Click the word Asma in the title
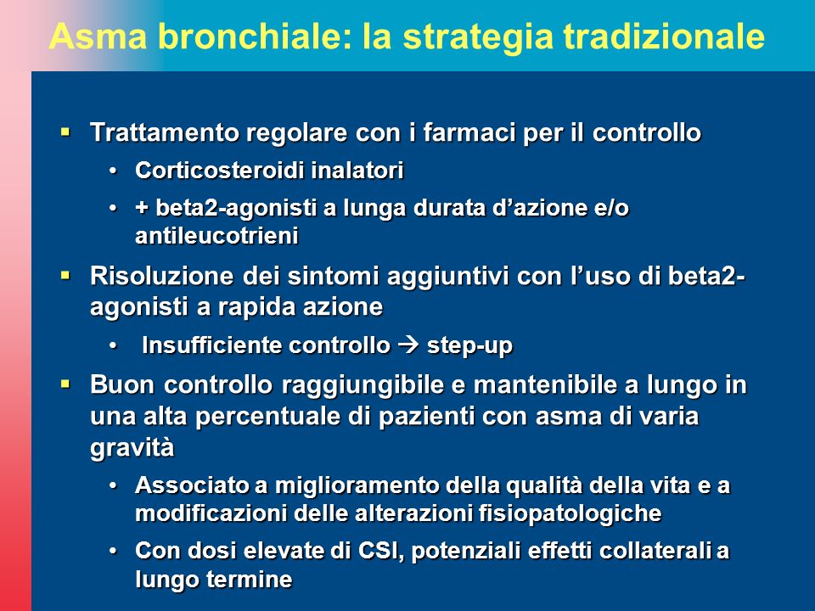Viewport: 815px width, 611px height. click(x=98, y=36)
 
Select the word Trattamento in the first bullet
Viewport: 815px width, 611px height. click(x=164, y=132)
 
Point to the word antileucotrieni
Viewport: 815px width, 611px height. click(x=216, y=235)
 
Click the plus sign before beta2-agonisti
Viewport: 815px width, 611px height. click(x=142, y=208)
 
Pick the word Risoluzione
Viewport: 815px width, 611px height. click(x=161, y=275)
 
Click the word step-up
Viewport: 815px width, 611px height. click(x=469, y=346)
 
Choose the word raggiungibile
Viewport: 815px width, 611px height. click(x=373, y=386)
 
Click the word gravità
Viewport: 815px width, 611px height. click(x=132, y=448)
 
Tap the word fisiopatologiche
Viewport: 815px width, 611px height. click(x=570, y=514)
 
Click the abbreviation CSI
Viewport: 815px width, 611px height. click(x=381, y=552)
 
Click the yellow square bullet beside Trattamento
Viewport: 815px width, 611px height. click(x=65, y=132)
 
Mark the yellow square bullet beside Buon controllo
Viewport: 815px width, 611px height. click(x=65, y=384)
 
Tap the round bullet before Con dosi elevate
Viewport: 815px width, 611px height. click(x=113, y=551)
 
